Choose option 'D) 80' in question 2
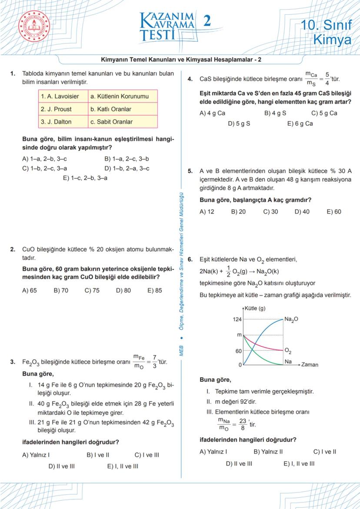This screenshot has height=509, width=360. pyautogui.click(x=123, y=290)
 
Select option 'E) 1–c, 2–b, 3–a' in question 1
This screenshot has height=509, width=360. pyautogui.click(x=85, y=178)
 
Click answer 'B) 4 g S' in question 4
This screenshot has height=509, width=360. pyautogui.click(x=275, y=113)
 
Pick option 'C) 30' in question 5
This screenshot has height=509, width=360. pyautogui.click(x=270, y=212)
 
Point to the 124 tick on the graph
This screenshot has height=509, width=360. pyautogui.click(x=237, y=319)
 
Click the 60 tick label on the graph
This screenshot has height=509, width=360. pyautogui.click(x=238, y=351)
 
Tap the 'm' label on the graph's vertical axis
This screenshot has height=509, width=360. pyautogui.click(x=239, y=335)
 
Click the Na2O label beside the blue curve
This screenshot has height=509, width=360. pyautogui.click(x=292, y=319)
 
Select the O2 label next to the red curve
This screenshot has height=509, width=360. pyautogui.click(x=288, y=351)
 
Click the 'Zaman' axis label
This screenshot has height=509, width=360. pyautogui.click(x=310, y=365)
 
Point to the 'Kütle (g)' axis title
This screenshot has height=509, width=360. pyautogui.click(x=255, y=309)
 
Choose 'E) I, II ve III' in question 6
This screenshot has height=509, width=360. pyautogui.click(x=299, y=464)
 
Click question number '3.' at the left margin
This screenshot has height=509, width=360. pyautogui.click(x=13, y=362)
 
